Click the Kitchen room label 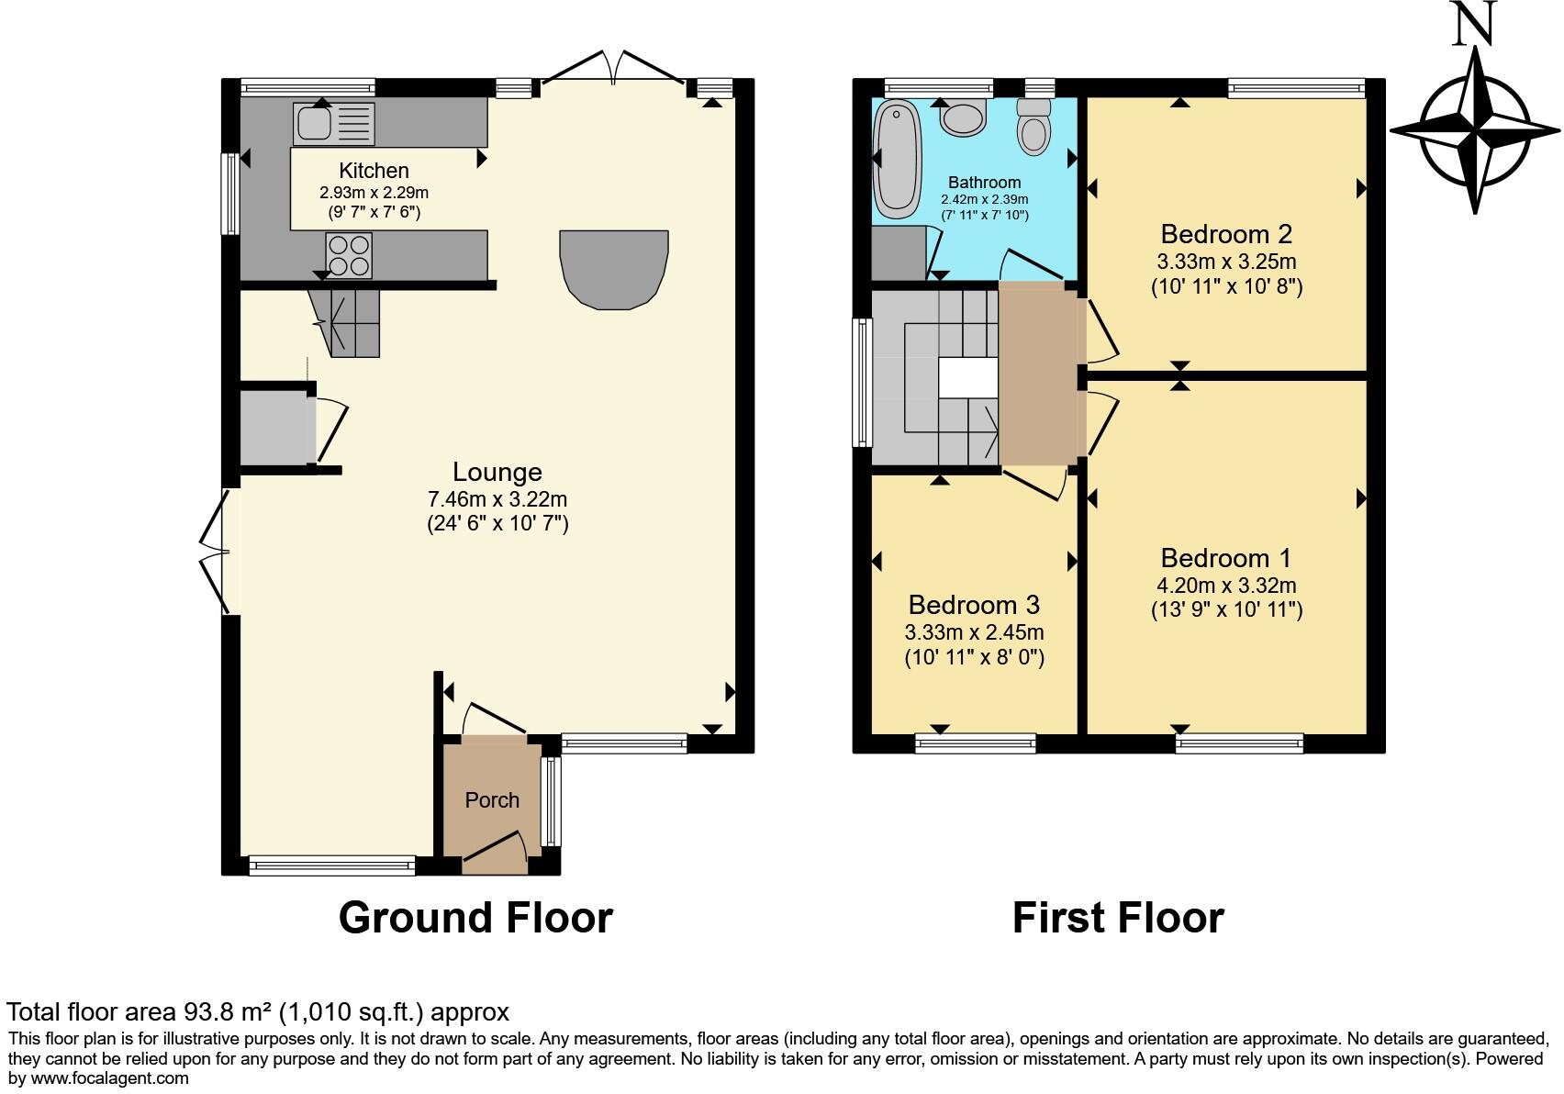[x=374, y=171]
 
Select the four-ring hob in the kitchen [x=349, y=255]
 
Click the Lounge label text [x=497, y=472]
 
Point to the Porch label [x=492, y=800]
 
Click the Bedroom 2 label [x=1226, y=233]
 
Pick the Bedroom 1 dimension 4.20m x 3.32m [x=1226, y=586]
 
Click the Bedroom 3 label [x=974, y=605]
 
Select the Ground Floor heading [x=475, y=918]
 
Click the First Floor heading [x=1117, y=918]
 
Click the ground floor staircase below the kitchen [x=354, y=323]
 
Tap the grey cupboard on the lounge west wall [x=274, y=429]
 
